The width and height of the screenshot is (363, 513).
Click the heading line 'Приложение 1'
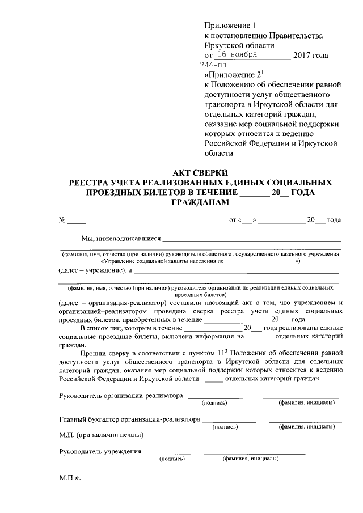230,26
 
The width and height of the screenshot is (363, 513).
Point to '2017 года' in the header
310,56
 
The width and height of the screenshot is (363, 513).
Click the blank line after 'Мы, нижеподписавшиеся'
252,241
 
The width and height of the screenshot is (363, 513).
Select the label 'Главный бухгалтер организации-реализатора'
130,419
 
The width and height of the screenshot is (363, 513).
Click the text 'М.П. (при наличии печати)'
101,435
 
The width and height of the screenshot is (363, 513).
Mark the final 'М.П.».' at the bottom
71,478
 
